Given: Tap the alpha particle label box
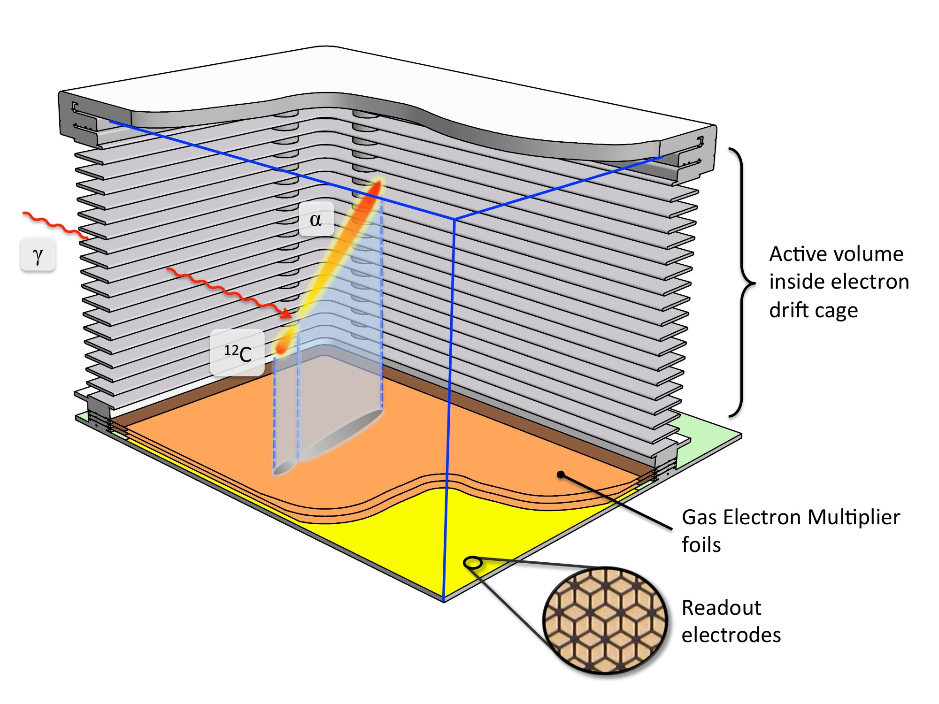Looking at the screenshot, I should pyautogui.click(x=316, y=219).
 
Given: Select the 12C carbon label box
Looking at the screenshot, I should pyautogui.click(x=237, y=352).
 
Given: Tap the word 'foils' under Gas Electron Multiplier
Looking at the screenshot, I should pyautogui.click(x=701, y=545).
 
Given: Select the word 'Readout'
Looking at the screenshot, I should pyautogui.click(x=721, y=608).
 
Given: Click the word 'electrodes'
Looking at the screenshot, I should pyautogui.click(x=731, y=635).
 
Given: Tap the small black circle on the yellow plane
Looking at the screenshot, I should pyautogui.click(x=473, y=562).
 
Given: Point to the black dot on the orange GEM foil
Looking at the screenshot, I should pyautogui.click(x=561, y=474).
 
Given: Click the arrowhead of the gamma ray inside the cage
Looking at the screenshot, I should pyautogui.click(x=287, y=314).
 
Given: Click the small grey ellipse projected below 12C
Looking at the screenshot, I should pyautogui.click(x=285, y=467).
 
